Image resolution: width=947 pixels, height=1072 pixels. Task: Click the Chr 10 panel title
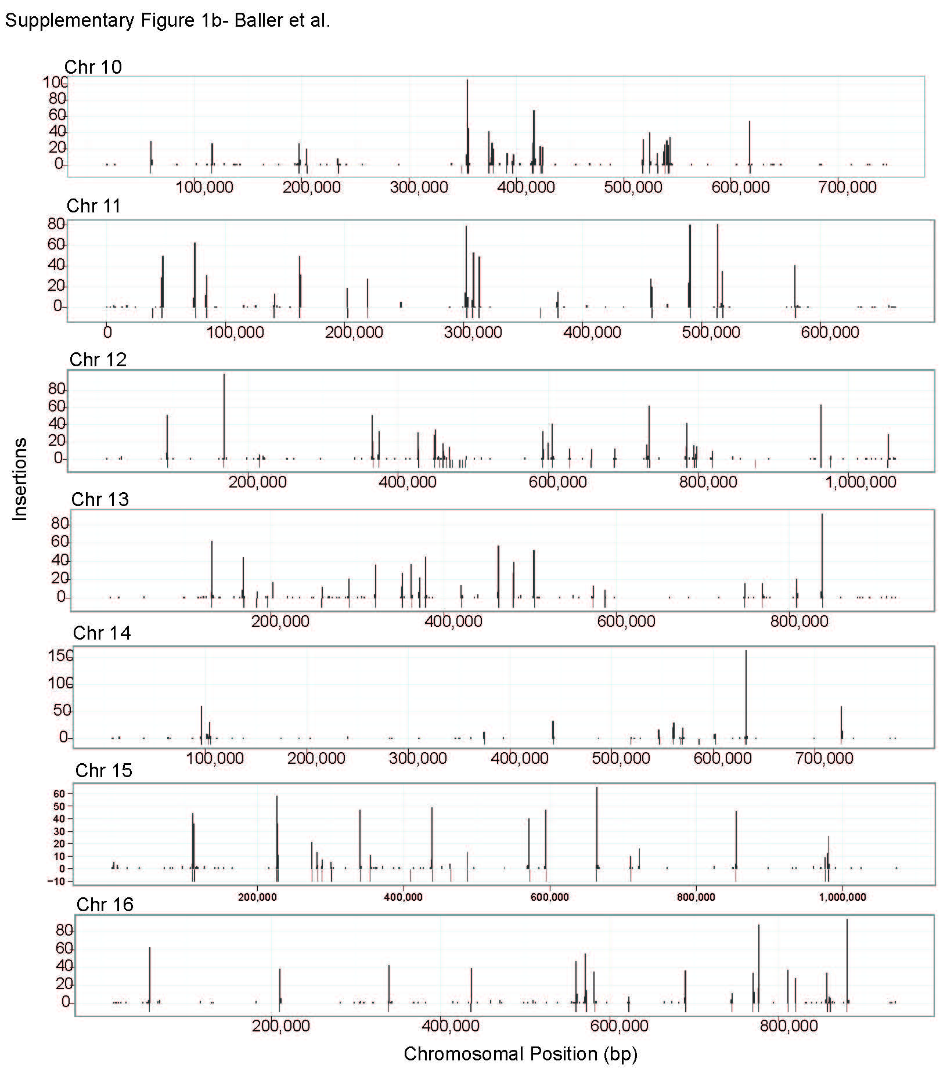[93, 67]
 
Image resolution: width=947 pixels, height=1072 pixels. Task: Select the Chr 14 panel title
[102, 633]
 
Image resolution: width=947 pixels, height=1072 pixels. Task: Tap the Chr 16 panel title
[105, 904]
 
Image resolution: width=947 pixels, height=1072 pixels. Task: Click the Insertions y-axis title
[20, 478]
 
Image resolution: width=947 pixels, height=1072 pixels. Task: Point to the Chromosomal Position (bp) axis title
[520, 1053]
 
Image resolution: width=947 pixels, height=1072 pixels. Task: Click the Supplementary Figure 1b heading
[167, 20]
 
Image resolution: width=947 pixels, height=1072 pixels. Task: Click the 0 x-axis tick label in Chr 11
[107, 332]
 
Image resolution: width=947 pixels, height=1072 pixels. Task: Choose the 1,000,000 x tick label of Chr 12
[860, 482]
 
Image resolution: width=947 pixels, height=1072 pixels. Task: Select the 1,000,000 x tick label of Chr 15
[842, 897]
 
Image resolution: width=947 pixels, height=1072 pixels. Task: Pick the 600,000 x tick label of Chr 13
[626, 621]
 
